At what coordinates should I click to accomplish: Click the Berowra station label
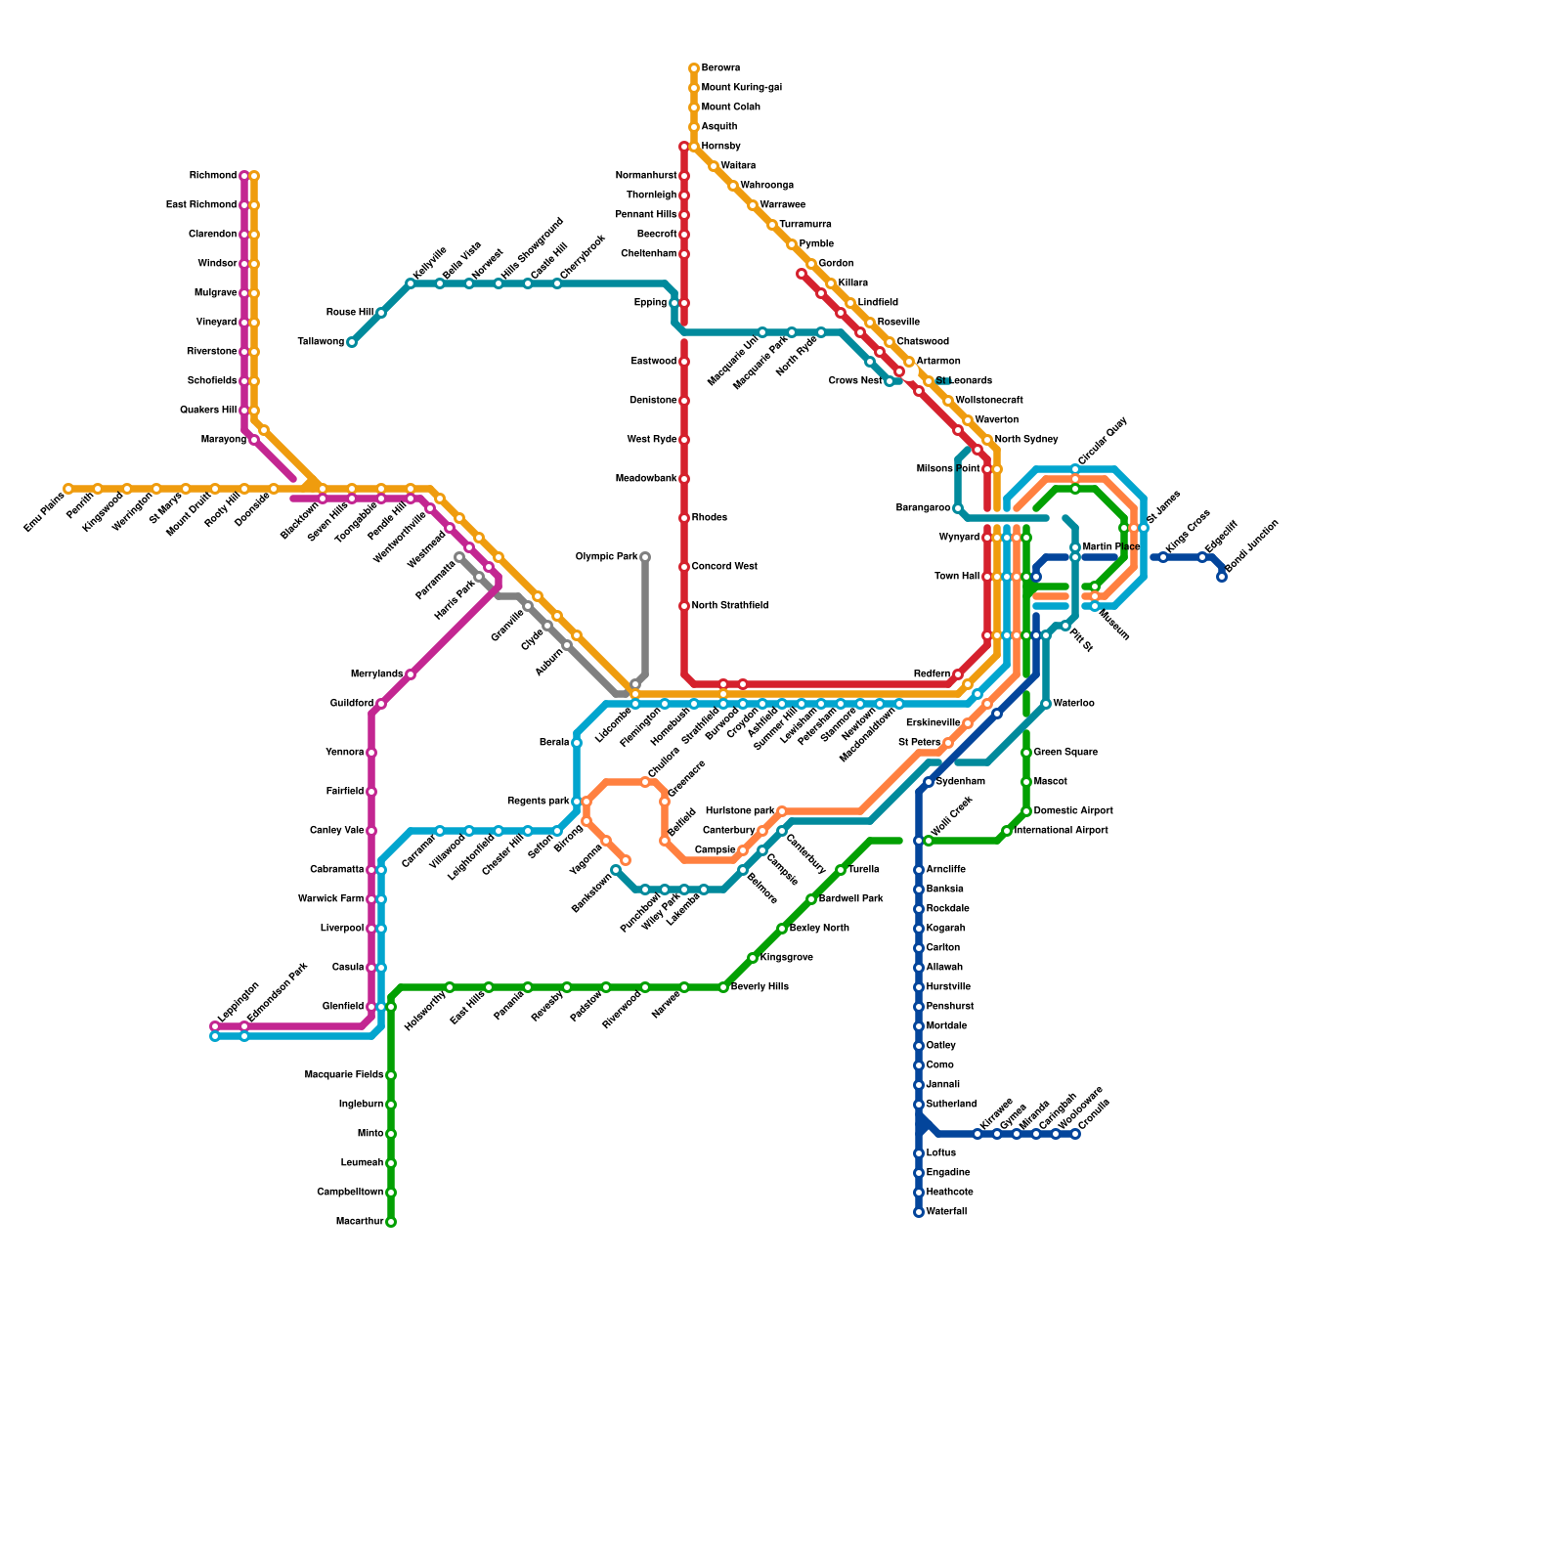720,68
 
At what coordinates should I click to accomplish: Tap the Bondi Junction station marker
1222,577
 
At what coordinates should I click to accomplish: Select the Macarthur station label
359,1222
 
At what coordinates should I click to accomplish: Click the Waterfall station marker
919,1212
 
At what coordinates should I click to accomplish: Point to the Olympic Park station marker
645,557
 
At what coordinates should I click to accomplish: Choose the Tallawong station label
321,342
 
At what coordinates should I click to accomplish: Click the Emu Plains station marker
68,489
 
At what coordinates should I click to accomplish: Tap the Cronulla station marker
1075,1134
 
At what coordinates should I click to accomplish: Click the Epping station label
650,303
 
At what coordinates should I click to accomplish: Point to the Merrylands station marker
411,674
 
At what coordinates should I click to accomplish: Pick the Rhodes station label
709,518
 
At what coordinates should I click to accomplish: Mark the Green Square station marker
1026,753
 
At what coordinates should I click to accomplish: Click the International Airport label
1061,831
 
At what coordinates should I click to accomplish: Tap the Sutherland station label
950,1105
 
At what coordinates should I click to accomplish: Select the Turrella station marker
841,870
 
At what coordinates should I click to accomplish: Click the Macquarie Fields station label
344,1075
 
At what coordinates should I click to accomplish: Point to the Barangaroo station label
923,508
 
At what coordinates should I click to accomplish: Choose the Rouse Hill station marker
381,313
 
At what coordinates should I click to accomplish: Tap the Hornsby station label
720,147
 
